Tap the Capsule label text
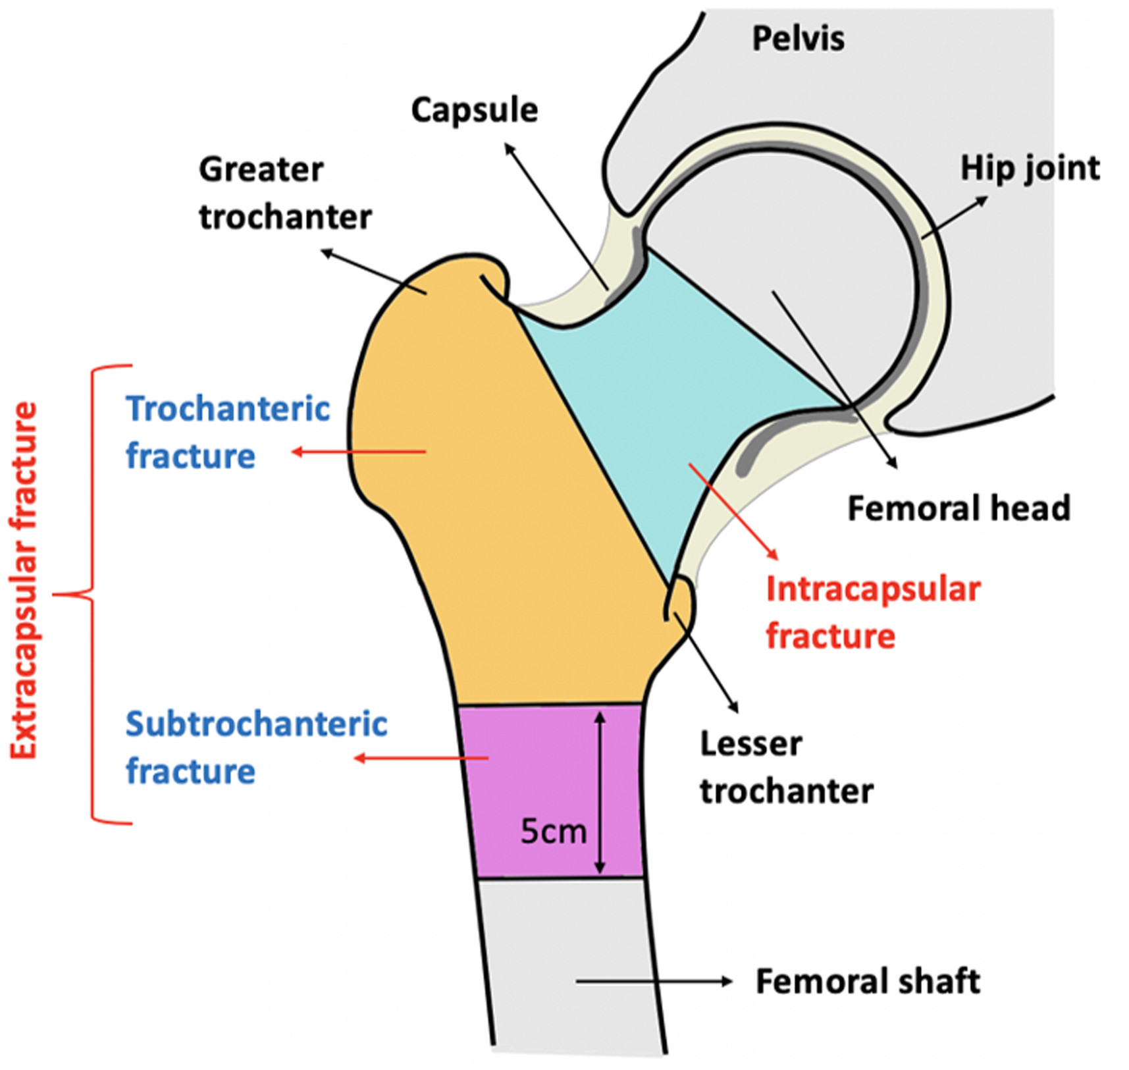474,111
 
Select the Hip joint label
1030,169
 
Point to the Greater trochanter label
285,193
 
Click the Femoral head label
958,508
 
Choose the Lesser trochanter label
786,767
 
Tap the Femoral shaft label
868,981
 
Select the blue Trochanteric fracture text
228,432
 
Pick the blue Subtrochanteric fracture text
256,747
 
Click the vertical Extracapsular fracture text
24,580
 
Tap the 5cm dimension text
553,831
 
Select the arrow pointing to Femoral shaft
654,981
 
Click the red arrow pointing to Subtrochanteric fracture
422,759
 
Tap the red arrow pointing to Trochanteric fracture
359,452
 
